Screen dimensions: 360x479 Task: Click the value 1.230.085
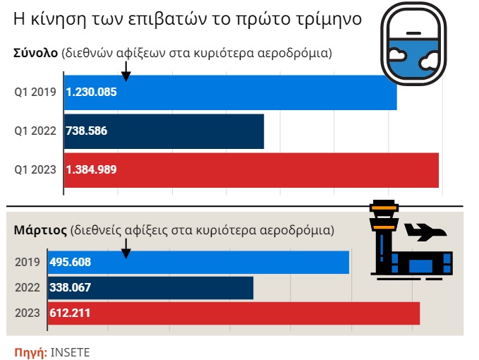[x=91, y=92]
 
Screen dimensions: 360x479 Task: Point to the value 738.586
[x=86, y=131]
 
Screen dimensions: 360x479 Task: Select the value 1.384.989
[x=91, y=170]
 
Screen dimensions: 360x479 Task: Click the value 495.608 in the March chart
[x=70, y=263]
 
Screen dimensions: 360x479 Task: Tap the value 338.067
[x=70, y=288]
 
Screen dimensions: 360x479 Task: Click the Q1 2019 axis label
[x=35, y=92]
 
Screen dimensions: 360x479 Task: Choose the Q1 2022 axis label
[x=35, y=131]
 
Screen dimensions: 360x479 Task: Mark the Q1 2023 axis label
[x=35, y=170]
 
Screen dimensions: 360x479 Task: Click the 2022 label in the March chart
[x=28, y=288]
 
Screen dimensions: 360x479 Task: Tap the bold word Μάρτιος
[x=40, y=231]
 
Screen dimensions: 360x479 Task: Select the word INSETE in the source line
[x=70, y=352]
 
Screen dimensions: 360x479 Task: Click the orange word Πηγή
[x=30, y=352]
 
